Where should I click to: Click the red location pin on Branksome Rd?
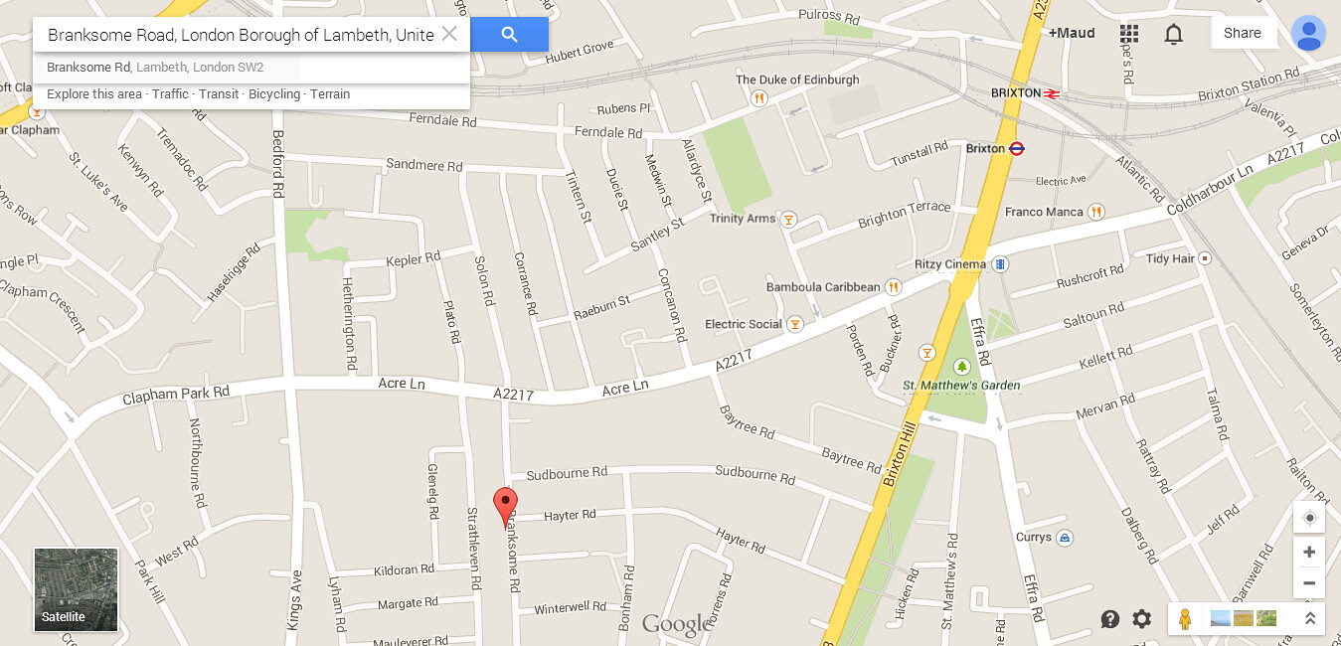click(506, 503)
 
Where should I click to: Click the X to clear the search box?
click(449, 34)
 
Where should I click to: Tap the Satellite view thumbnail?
click(76, 589)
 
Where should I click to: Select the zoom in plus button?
click(1309, 553)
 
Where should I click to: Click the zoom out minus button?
click(1309, 583)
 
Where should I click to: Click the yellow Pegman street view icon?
click(1183, 618)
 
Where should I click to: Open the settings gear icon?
click(1141, 619)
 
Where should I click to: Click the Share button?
click(1242, 33)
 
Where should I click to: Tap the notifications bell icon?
click(1173, 34)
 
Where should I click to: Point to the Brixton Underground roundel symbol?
click(1017, 148)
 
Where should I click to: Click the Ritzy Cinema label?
click(950, 264)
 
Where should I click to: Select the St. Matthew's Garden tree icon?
click(961, 367)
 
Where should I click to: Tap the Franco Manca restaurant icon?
click(1095, 212)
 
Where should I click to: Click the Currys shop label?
click(1034, 537)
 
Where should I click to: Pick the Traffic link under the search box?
click(170, 94)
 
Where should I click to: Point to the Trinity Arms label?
click(742, 219)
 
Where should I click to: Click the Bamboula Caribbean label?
click(823, 287)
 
